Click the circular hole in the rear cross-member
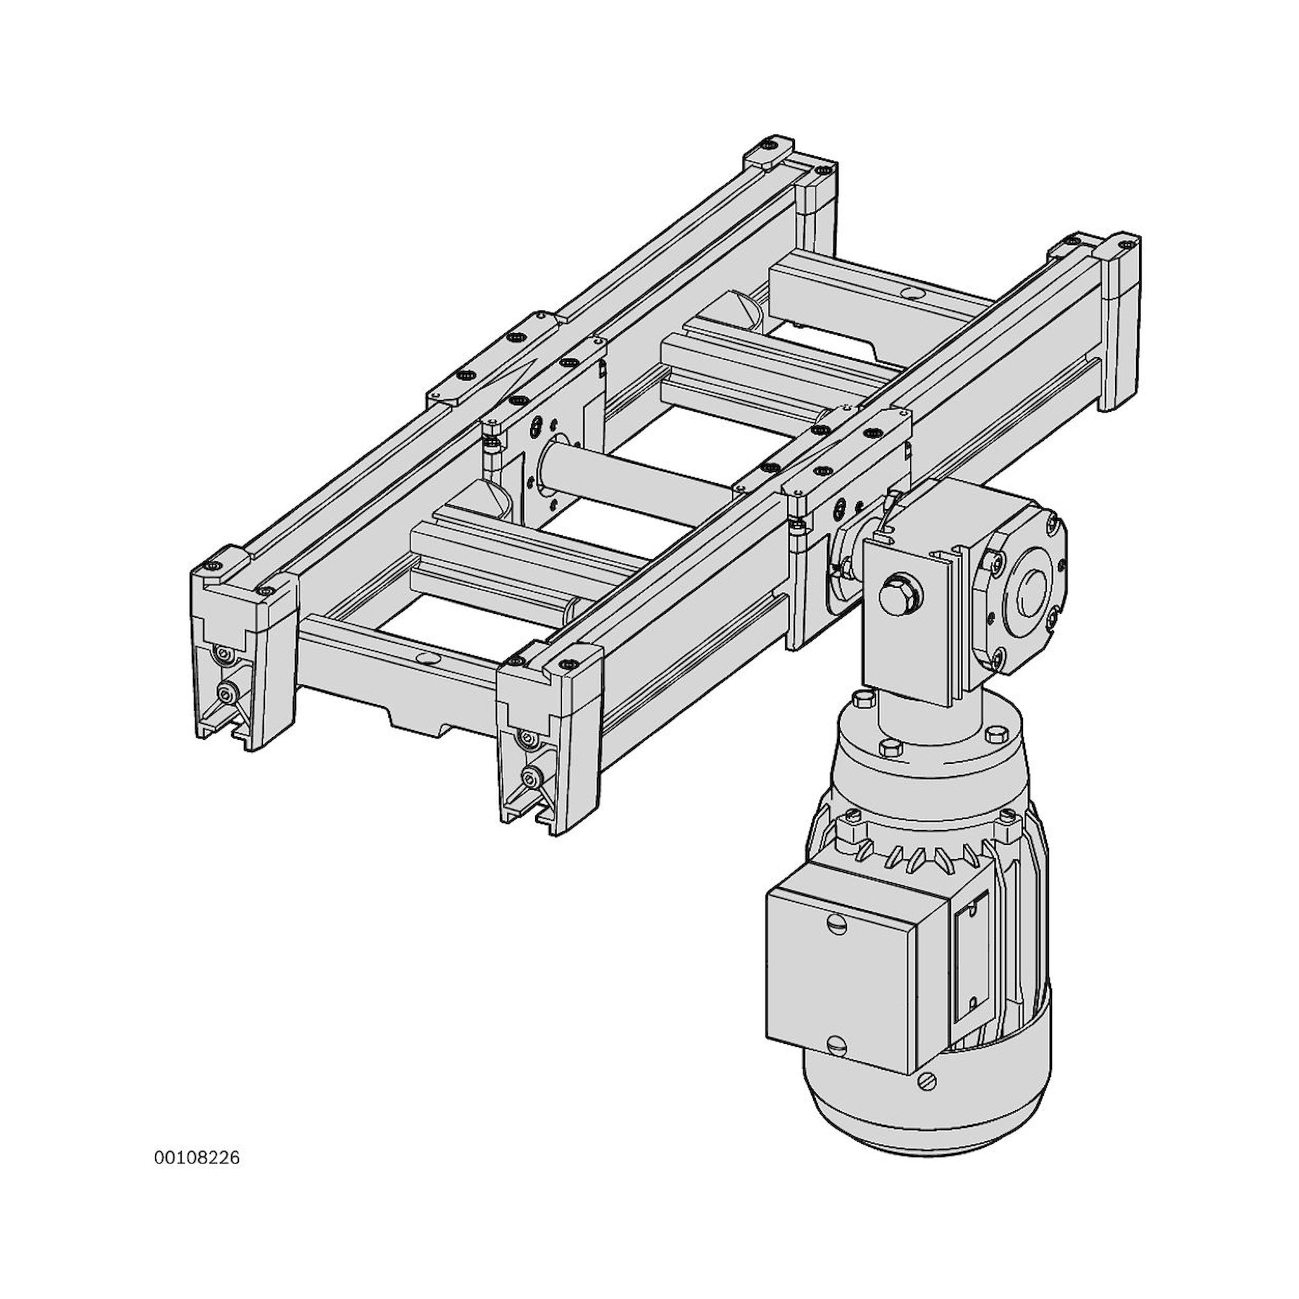913,293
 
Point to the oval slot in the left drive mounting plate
536,428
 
